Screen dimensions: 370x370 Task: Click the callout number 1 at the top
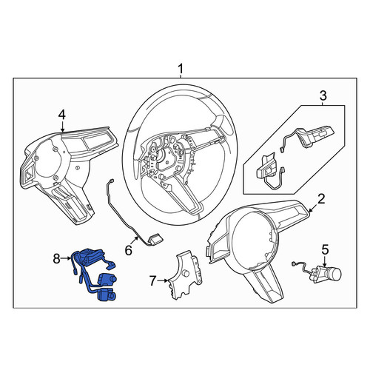(x=181, y=68)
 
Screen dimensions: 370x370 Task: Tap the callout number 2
(x=321, y=199)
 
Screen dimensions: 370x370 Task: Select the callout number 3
(x=323, y=95)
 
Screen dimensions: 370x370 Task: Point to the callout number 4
(x=62, y=115)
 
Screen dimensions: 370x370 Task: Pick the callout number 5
(x=326, y=249)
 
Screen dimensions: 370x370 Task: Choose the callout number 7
(x=152, y=280)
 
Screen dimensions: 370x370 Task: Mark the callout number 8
(x=57, y=259)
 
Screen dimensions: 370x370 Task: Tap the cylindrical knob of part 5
(x=335, y=273)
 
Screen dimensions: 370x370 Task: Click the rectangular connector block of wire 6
(x=156, y=238)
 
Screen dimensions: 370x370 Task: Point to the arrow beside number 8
(x=66, y=258)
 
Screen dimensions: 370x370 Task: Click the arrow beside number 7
(x=163, y=280)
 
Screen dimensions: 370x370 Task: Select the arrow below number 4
(x=62, y=127)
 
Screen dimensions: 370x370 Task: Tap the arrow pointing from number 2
(x=313, y=208)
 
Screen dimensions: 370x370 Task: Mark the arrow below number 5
(x=326, y=261)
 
